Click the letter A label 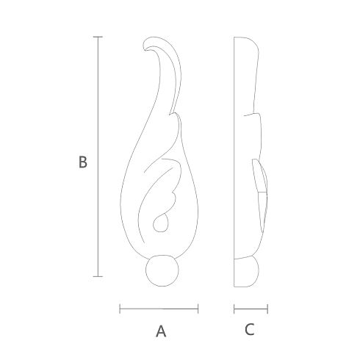click(x=161, y=331)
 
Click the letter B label click(x=83, y=162)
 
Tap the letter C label click(x=250, y=329)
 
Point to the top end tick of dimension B click(x=98, y=37)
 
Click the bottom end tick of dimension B click(x=98, y=276)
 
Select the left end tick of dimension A click(x=120, y=309)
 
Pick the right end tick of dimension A click(x=198, y=309)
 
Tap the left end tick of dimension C click(x=234, y=309)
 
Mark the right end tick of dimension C click(x=267, y=309)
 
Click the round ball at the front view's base click(x=162, y=270)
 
